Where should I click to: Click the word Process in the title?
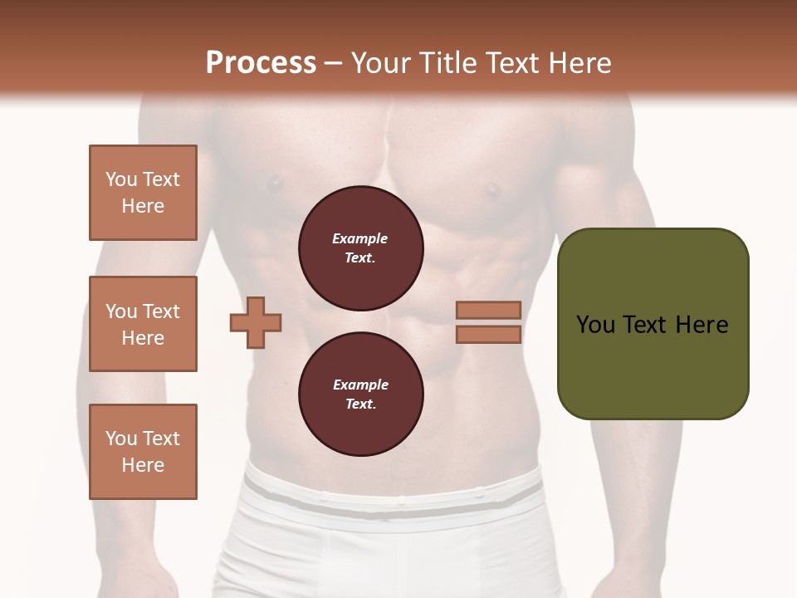261,63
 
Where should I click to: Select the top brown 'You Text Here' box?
143,193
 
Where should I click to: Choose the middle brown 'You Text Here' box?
143,324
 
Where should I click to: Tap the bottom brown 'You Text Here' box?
143,452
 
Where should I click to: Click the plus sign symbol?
256,322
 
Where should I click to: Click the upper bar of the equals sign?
488,310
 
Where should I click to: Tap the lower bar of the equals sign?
488,335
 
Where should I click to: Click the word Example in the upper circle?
359,238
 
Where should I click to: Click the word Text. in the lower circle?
359,404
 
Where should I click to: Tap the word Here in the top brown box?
143,206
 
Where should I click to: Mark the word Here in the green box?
702,325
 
